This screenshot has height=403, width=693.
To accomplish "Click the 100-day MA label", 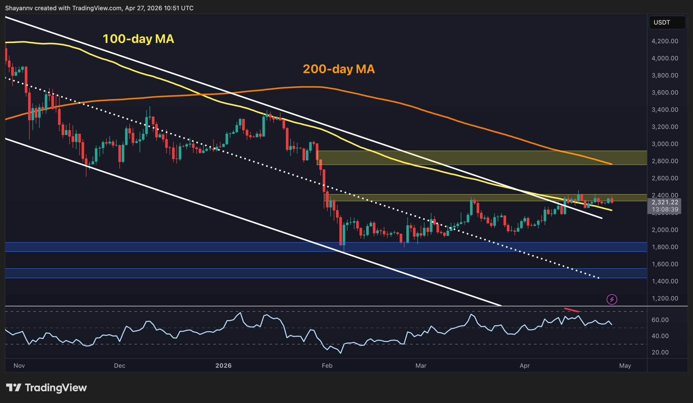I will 138,39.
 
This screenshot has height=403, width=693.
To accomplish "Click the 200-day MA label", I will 339,69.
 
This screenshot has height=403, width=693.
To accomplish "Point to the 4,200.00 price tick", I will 665,41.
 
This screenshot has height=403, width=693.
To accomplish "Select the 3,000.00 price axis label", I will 665,144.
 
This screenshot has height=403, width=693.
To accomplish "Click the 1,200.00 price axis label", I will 665,298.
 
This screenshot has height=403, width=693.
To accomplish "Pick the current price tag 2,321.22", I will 665,202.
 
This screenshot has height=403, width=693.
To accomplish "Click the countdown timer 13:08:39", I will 665,209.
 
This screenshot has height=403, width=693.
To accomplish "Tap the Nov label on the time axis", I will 19,366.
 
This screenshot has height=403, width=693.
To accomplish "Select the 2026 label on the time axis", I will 223,366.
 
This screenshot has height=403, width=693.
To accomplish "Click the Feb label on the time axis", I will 327,366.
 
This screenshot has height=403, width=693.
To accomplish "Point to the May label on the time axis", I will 625,366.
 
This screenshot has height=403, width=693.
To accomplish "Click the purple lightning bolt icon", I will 612,299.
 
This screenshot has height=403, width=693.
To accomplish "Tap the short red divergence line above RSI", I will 572,310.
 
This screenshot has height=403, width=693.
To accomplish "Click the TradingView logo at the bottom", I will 46,388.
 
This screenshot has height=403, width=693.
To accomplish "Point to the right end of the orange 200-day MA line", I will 611,164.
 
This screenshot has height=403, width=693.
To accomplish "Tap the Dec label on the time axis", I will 120,366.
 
